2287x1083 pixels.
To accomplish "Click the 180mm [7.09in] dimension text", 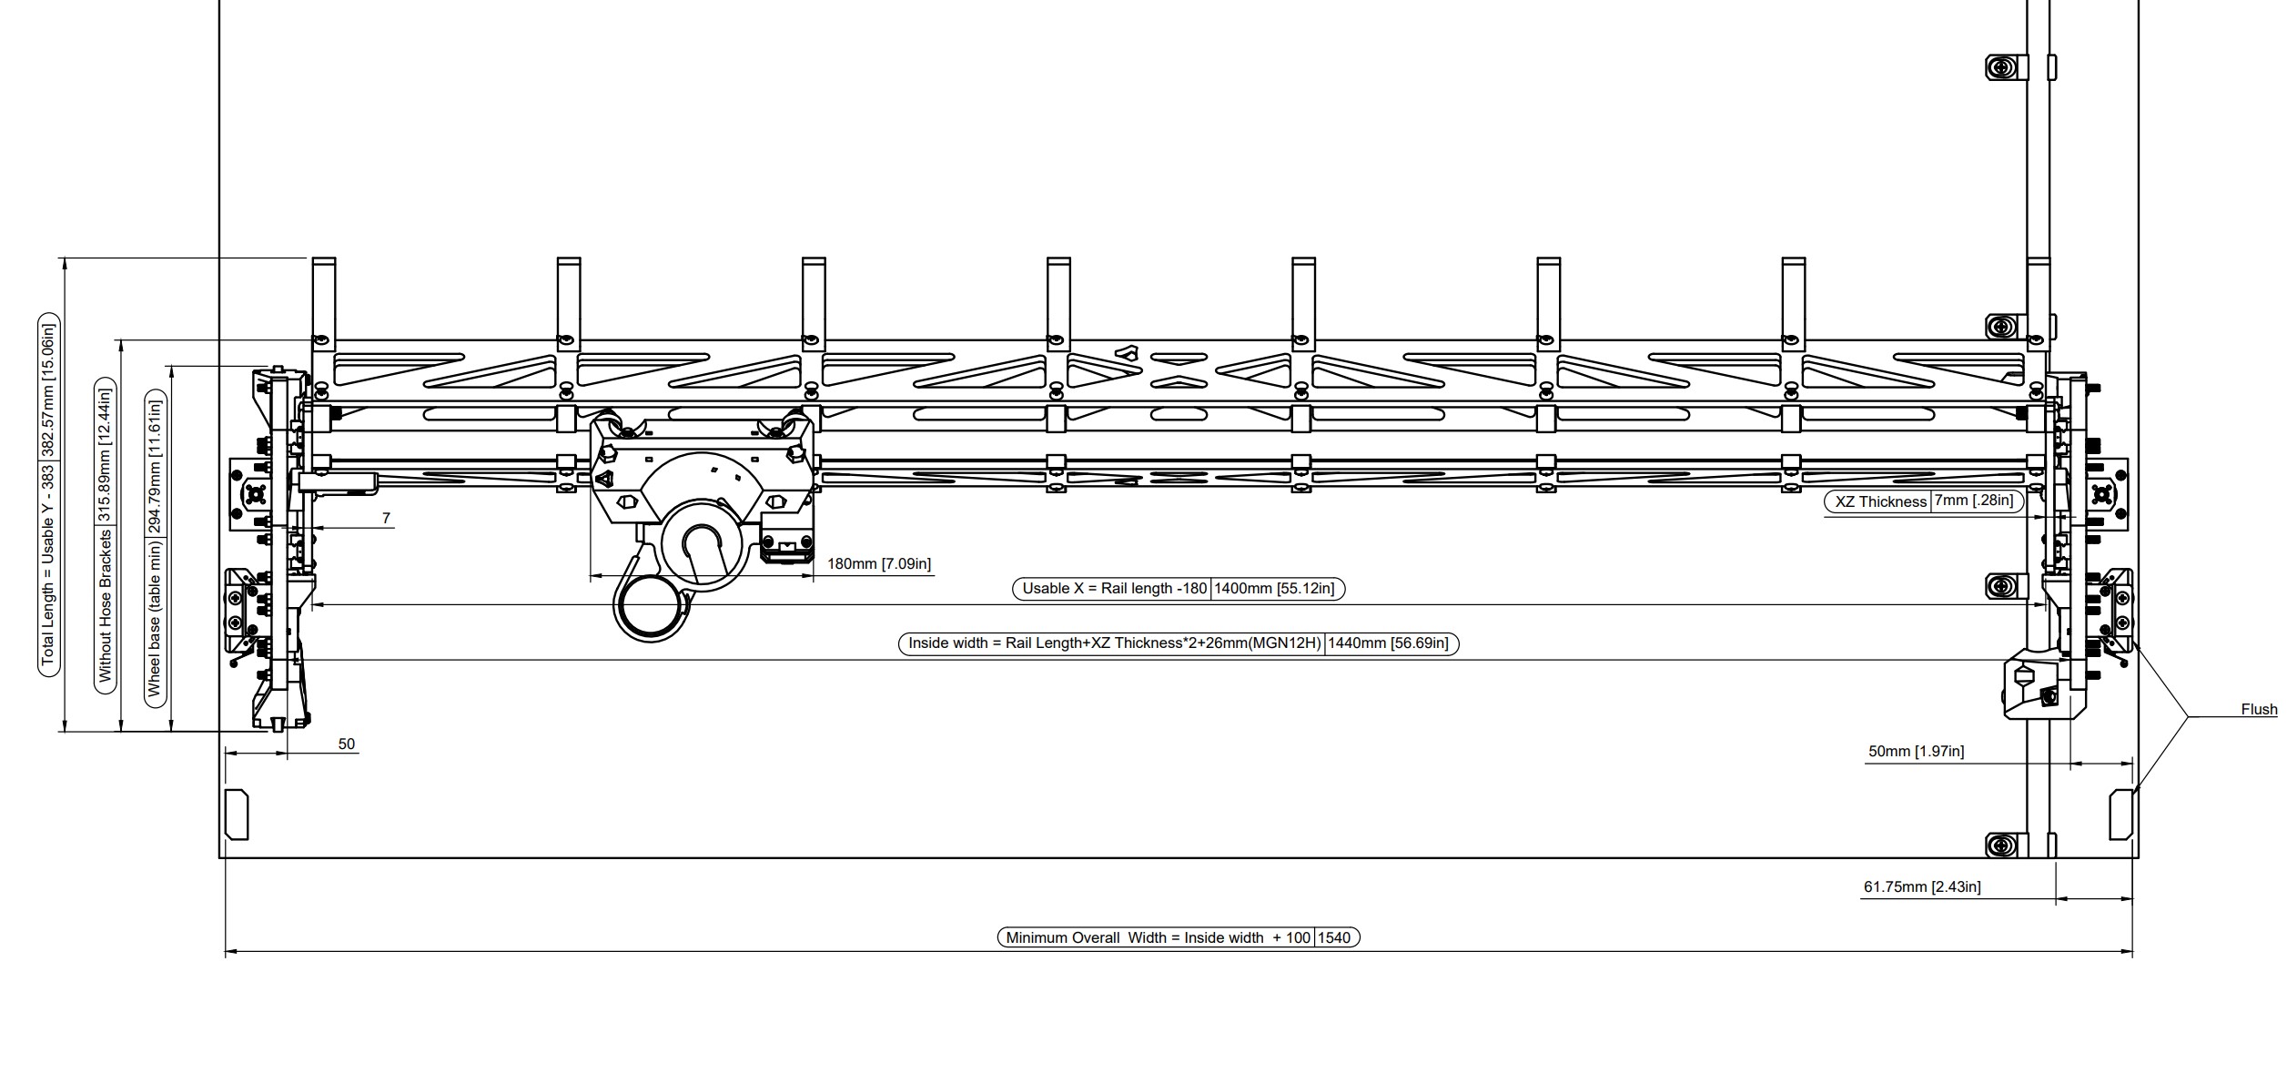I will tap(878, 564).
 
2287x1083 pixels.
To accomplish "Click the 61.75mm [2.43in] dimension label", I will tap(1921, 886).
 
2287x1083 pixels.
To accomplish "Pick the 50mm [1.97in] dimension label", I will tap(1916, 752).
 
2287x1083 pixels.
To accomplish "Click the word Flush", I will tap(2259, 710).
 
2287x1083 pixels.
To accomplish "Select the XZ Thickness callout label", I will tap(1880, 501).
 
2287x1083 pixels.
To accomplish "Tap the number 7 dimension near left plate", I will tap(386, 519).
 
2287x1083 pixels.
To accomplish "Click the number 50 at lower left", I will tap(346, 744).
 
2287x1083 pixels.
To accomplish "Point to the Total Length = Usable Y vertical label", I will tap(48, 499).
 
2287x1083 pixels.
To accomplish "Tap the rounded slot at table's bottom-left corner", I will tap(237, 815).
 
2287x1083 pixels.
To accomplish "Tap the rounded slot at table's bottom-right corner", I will tap(2120, 815).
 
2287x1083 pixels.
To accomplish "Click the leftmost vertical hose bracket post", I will tap(324, 300).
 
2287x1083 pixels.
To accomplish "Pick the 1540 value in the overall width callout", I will tap(1334, 937).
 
